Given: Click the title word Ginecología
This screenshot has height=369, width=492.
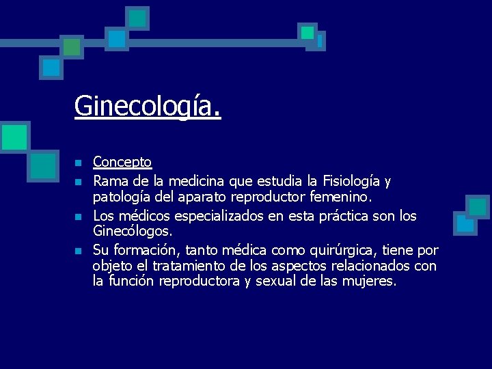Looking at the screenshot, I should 148,107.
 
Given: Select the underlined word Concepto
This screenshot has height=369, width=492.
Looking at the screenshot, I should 122,162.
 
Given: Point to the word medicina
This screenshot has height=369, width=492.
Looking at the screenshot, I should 201,181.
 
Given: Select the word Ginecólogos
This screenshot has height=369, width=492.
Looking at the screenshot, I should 133,231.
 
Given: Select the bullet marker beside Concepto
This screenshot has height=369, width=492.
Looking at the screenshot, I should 79,163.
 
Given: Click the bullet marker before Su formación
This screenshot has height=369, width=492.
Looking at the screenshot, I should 79,250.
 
